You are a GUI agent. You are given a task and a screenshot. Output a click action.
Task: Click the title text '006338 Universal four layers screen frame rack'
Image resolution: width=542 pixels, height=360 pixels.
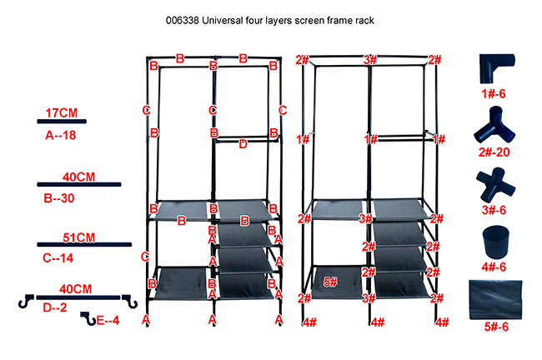tap(270, 20)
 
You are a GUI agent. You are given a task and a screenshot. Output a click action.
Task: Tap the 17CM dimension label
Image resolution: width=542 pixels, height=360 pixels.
tap(62, 112)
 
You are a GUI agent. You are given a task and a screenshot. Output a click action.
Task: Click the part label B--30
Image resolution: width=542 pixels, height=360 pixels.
tap(60, 199)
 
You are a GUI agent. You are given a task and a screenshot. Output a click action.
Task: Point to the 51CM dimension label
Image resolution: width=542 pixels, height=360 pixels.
tap(79, 237)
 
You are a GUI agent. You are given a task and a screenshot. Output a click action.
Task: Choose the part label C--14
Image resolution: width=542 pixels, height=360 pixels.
tap(60, 258)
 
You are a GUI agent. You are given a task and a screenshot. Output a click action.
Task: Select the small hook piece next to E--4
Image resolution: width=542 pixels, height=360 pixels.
tap(88, 318)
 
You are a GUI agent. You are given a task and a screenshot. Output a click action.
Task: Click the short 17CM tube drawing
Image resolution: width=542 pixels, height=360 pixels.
tap(62, 122)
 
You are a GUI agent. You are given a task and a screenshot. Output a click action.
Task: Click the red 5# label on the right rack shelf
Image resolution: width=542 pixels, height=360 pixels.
tap(329, 282)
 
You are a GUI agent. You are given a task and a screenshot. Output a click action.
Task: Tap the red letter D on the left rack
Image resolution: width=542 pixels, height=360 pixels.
tap(243, 143)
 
